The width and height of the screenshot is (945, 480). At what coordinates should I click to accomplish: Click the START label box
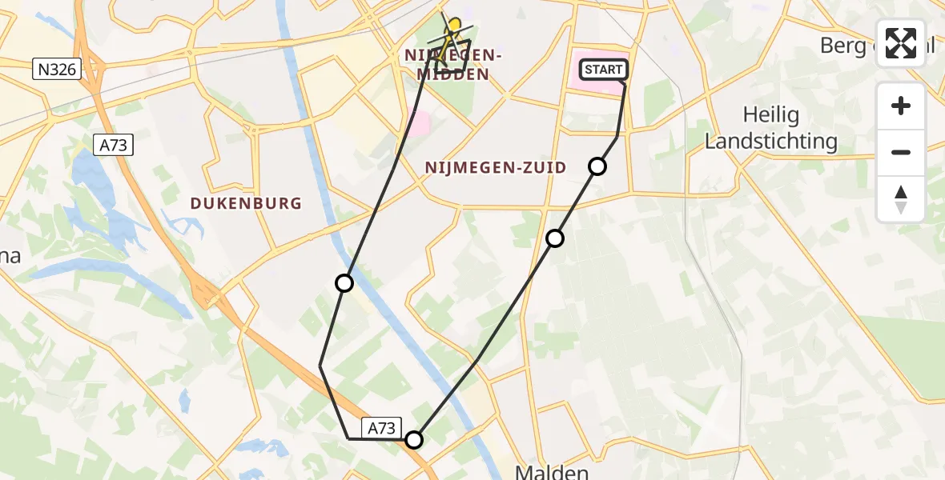(x=603, y=70)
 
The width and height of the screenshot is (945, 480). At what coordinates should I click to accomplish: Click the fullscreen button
(x=901, y=43)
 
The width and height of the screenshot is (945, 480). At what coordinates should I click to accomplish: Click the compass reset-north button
(x=901, y=199)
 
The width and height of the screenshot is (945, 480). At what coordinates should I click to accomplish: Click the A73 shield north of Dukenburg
(x=112, y=145)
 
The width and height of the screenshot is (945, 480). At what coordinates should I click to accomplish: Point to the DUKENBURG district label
(x=246, y=203)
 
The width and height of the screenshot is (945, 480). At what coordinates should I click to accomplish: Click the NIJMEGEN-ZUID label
(x=495, y=168)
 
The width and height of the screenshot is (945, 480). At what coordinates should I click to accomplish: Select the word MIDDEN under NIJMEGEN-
(x=454, y=74)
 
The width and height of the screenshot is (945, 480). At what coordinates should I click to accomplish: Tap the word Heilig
(x=770, y=115)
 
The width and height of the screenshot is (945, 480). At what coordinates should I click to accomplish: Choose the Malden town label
(x=553, y=472)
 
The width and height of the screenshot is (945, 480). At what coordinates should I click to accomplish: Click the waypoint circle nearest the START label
(x=597, y=166)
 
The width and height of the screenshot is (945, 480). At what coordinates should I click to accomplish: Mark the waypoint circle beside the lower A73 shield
(x=414, y=440)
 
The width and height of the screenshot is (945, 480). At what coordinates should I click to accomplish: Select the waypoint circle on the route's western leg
(x=344, y=283)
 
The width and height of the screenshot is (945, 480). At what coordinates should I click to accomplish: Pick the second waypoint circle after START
(x=555, y=238)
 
